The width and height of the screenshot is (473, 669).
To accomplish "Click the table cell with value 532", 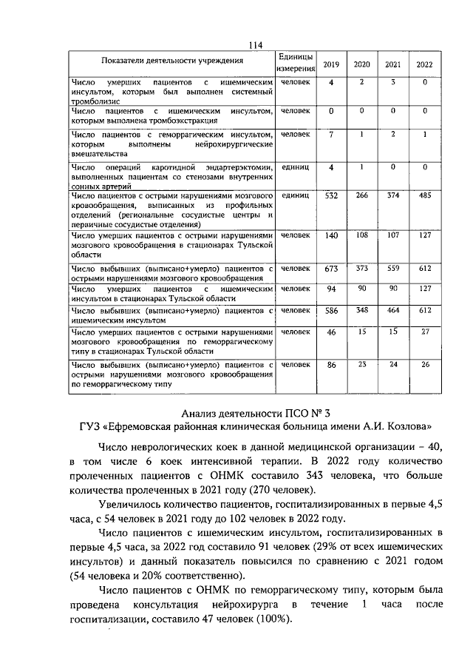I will [331, 196].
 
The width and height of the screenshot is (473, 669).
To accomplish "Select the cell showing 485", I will [424, 196].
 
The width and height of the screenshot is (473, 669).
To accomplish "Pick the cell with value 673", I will [331, 269].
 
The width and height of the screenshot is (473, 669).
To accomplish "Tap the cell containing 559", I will [393, 269].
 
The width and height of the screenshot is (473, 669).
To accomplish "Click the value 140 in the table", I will [331, 235].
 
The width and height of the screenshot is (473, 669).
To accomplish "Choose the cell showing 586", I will [331, 310].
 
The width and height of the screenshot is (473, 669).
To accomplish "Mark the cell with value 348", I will [361, 310].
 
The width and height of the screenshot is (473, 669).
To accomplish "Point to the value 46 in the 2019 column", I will [331, 334].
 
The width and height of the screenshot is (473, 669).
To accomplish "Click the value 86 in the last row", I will [331, 366].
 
